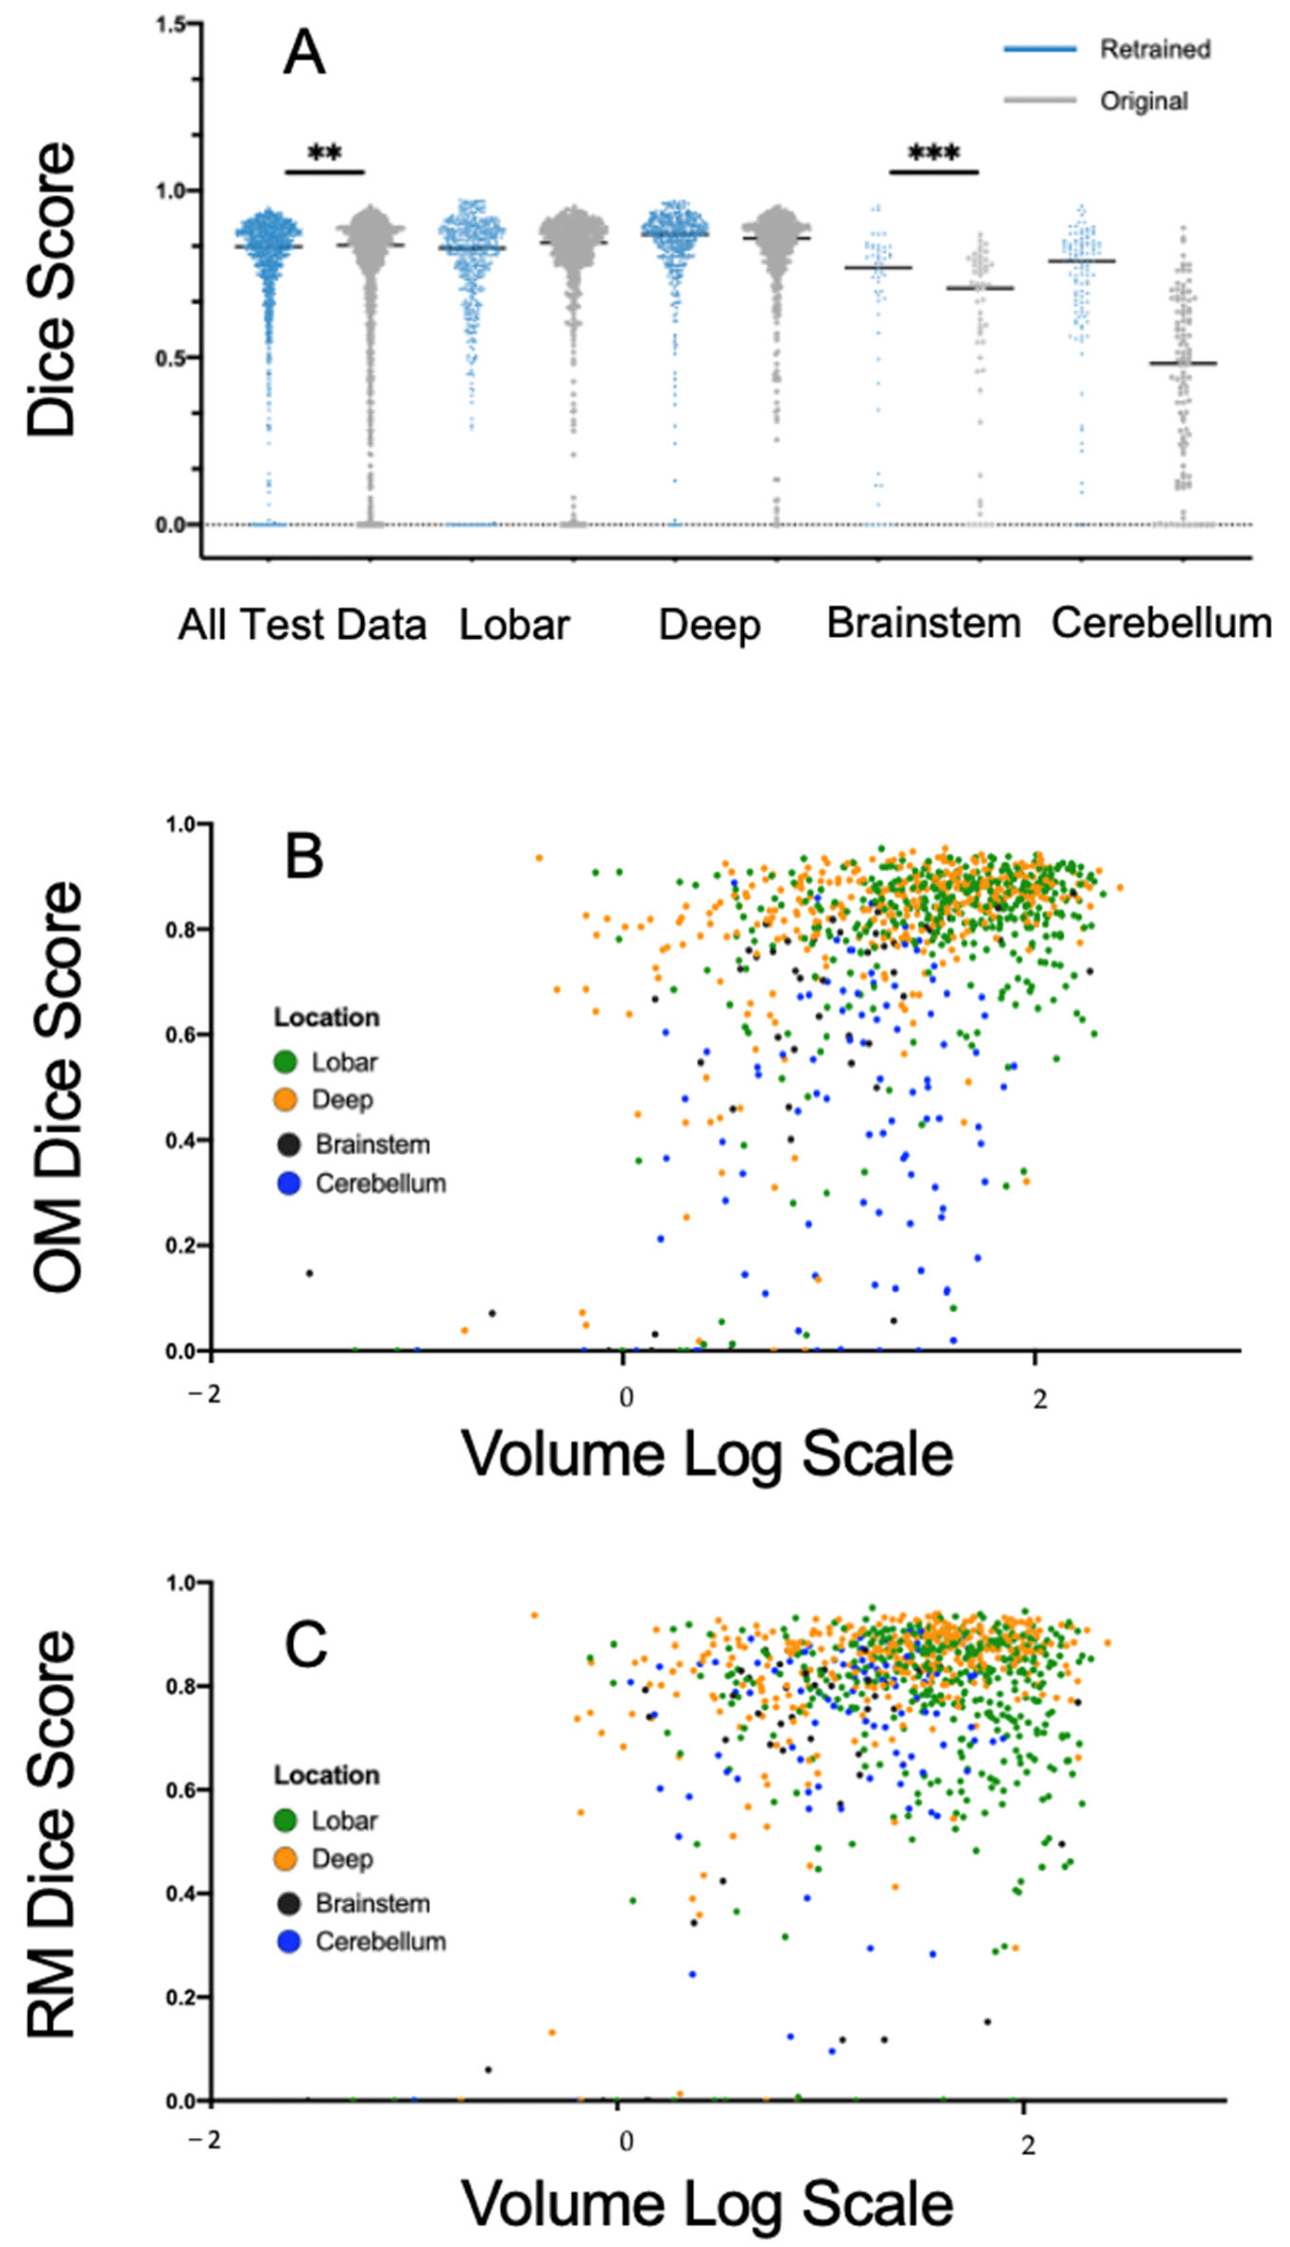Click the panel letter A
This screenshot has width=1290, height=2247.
coord(304,54)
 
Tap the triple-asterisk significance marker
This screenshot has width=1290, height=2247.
coord(934,154)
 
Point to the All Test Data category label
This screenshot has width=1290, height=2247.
coord(302,625)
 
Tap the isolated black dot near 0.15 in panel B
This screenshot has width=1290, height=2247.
coord(309,1273)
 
